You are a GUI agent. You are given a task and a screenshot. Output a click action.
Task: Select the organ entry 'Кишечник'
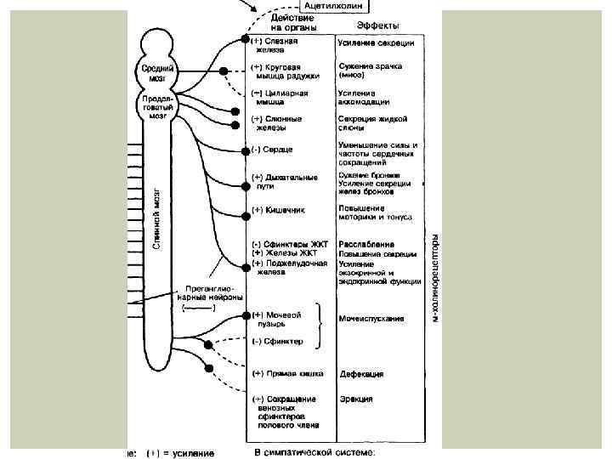(x=279, y=209)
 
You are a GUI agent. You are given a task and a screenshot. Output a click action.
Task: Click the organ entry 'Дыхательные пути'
(x=285, y=182)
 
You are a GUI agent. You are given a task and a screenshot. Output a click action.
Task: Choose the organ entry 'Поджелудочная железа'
(x=289, y=268)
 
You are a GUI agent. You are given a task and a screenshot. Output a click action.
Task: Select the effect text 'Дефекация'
(x=361, y=374)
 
